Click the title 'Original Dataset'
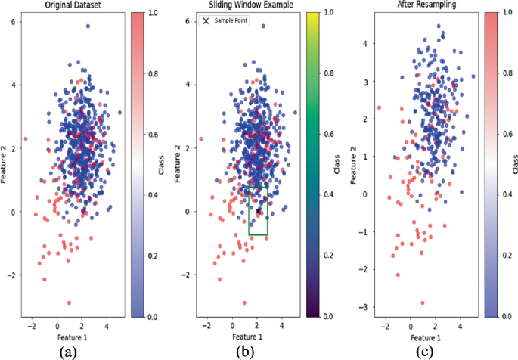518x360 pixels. (73, 5)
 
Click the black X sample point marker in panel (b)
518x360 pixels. (259, 211)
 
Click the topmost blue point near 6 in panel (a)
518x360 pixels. (88, 26)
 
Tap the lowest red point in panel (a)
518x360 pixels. (69, 303)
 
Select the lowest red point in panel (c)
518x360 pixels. (423, 303)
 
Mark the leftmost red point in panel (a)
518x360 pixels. (26, 138)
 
